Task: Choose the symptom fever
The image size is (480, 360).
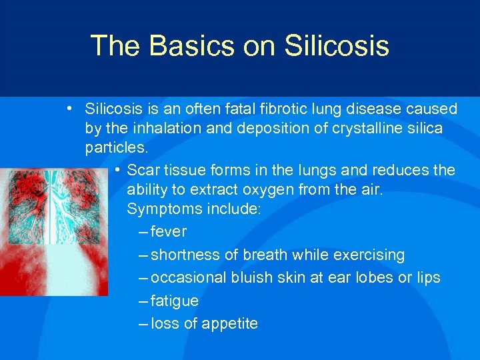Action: (x=169, y=232)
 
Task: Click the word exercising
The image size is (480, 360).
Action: (x=371, y=255)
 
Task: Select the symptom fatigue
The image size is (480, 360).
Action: (x=175, y=301)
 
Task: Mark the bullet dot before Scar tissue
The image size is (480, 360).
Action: (x=117, y=171)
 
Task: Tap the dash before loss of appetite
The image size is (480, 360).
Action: (x=144, y=325)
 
